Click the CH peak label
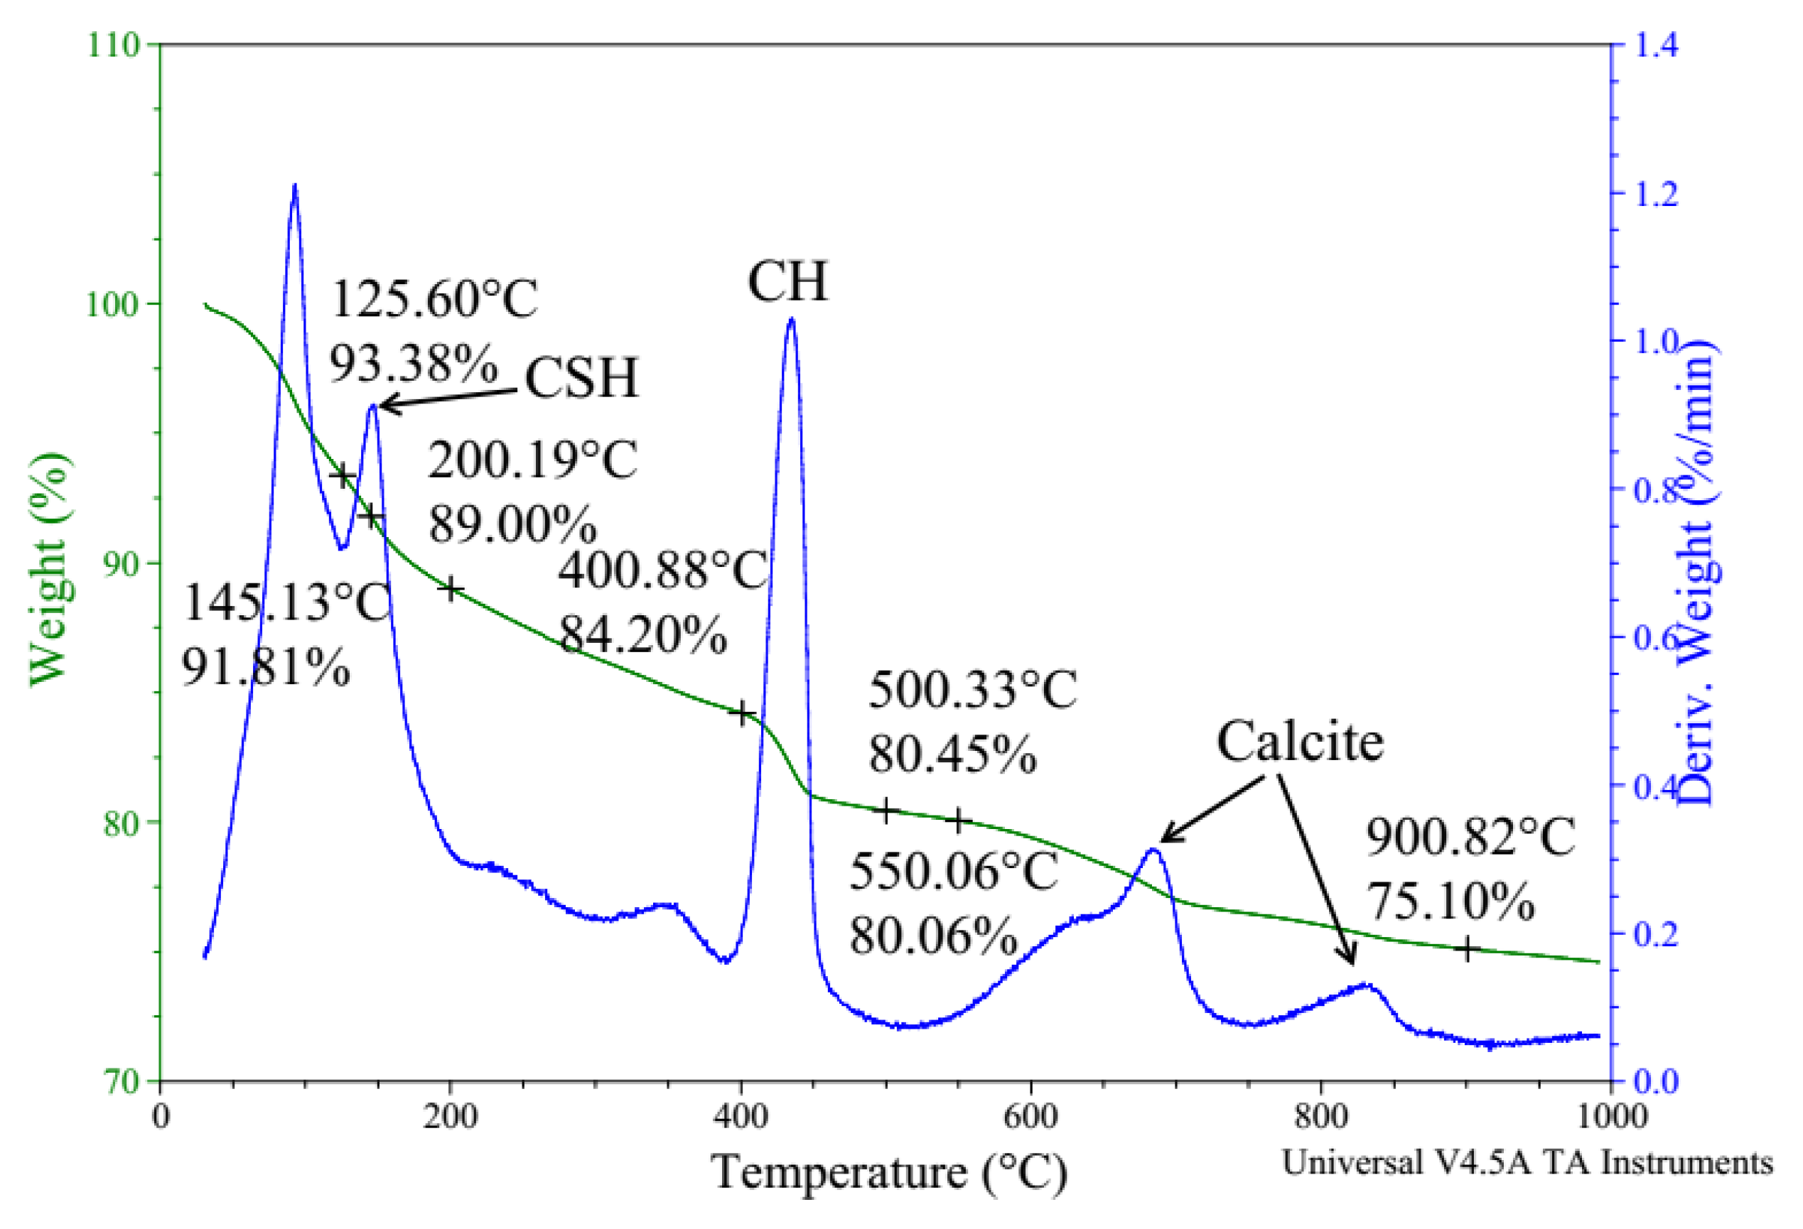click(x=787, y=281)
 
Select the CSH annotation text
click(x=581, y=378)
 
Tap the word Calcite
click(x=1300, y=742)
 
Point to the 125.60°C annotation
click(x=434, y=299)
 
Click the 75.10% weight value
click(x=1449, y=902)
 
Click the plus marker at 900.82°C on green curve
click(x=1467, y=949)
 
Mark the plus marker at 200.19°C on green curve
click(x=450, y=590)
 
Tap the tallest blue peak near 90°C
click(x=295, y=186)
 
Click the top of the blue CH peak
click(x=791, y=319)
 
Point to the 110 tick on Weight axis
click(x=112, y=44)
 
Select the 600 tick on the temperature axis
click(x=1031, y=1117)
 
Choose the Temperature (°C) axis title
click(x=889, y=1171)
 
